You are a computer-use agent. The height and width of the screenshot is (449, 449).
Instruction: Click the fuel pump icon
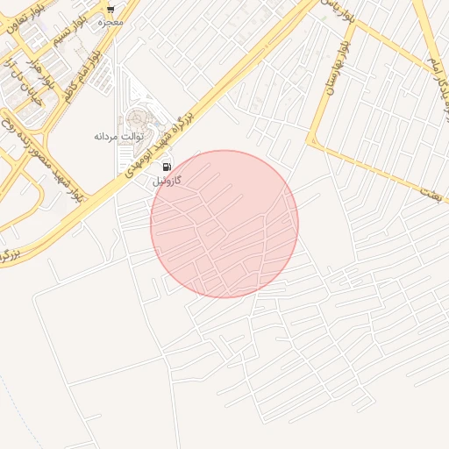(166, 167)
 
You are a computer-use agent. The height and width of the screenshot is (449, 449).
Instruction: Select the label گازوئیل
(166, 181)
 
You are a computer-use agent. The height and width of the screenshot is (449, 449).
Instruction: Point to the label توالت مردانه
(118, 137)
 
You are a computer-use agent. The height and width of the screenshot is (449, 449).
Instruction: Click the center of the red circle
(224, 224)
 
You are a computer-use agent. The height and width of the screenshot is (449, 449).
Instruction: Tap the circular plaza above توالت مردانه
(138, 118)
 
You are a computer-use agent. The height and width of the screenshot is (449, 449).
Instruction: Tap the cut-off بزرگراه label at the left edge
(9, 254)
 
